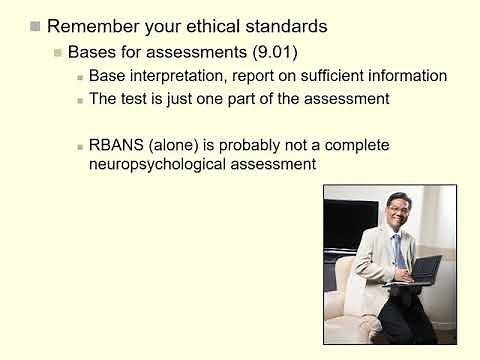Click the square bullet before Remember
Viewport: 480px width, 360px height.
[x=35, y=25]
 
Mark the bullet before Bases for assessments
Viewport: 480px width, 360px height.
[x=58, y=52]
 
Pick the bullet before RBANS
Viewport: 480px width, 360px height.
[x=79, y=146]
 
